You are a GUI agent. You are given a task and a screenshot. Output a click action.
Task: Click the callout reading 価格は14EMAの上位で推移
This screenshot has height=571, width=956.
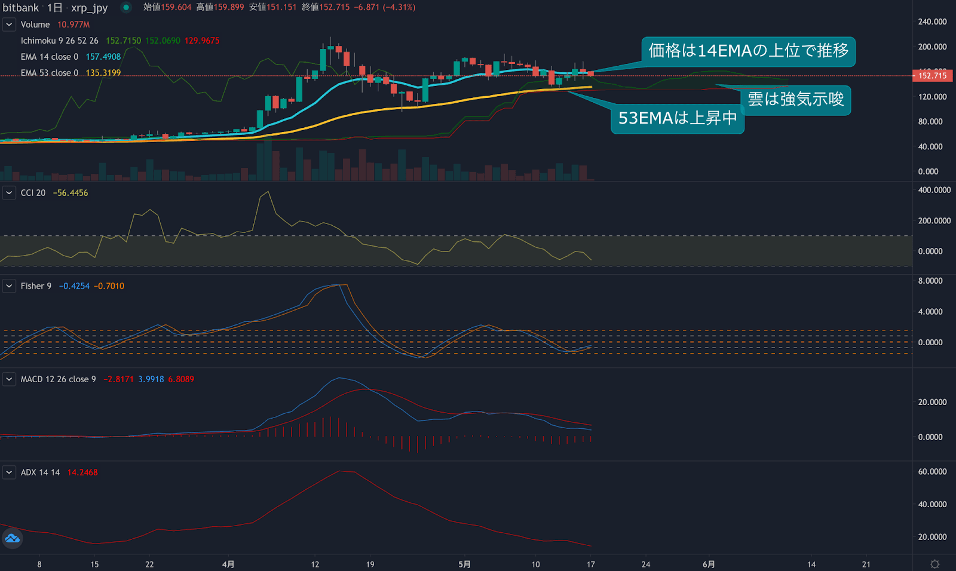pos(748,51)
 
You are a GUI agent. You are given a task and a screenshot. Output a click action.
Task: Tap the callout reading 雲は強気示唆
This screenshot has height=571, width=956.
pos(795,99)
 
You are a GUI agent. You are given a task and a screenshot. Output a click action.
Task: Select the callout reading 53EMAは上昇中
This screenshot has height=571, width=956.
pos(677,118)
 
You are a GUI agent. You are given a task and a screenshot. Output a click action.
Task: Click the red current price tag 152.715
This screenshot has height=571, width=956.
pos(932,75)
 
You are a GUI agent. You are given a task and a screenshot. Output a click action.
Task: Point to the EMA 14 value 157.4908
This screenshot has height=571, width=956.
pos(103,57)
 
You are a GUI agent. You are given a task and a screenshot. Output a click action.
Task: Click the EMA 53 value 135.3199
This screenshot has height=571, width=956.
pos(103,73)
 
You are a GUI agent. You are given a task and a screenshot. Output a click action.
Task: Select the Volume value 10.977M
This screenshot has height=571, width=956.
pos(73,24)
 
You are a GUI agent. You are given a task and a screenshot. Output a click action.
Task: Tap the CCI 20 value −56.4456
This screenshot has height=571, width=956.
pos(71,193)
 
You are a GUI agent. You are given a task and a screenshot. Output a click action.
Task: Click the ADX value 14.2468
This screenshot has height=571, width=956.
pos(82,472)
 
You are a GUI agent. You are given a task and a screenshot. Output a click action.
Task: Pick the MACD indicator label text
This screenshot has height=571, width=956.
pos(58,379)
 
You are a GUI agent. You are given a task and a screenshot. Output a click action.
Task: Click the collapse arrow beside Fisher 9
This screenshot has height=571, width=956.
pos(9,286)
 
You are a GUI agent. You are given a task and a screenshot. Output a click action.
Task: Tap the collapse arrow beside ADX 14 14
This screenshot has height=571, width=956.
pos(9,472)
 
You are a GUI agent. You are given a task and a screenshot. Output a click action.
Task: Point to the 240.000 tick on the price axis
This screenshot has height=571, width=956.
pos(932,22)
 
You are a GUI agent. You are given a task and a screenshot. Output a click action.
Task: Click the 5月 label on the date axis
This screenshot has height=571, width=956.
pos(464,564)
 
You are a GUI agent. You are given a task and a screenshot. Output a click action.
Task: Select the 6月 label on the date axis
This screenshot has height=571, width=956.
pos(709,564)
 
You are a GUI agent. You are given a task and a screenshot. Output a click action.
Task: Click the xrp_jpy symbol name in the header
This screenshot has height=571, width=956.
pos(89,8)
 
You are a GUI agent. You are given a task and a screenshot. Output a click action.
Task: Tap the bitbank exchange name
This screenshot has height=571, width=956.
pos(21,8)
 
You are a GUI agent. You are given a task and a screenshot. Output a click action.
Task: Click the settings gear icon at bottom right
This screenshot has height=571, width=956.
pos(935,564)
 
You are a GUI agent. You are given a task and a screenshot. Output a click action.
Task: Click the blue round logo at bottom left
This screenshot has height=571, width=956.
pos(13,539)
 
